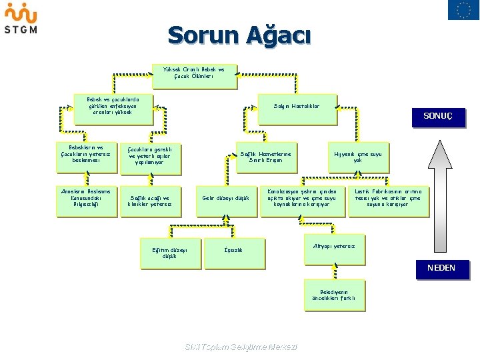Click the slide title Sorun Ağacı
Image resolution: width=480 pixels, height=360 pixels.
click(x=239, y=35)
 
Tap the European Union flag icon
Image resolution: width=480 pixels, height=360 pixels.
click(x=463, y=10)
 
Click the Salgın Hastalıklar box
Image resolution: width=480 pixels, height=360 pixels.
click(x=297, y=109)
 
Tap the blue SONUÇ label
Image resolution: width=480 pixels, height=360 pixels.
click(x=438, y=116)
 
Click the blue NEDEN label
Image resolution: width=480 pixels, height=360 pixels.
click(x=441, y=268)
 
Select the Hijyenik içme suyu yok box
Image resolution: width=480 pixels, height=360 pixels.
click(x=358, y=157)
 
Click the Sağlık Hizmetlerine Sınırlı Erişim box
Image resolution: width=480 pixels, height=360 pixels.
click(x=265, y=157)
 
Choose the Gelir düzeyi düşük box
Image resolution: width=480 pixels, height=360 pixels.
click(x=225, y=199)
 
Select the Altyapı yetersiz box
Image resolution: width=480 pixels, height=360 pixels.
click(x=334, y=247)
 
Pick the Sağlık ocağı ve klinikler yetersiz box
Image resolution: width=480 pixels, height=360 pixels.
click(x=150, y=201)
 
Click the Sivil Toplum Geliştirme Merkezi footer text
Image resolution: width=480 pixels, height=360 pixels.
click(x=240, y=347)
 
